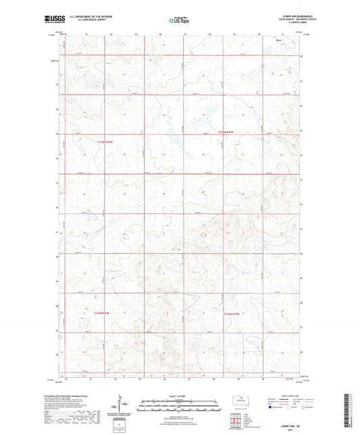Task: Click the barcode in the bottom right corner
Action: tap(352, 412)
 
